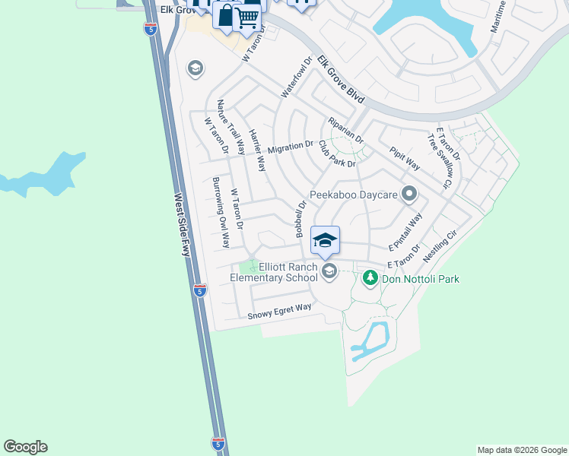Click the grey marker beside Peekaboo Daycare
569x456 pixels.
pyautogui.click(x=409, y=195)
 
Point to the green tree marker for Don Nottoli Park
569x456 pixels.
pyautogui.click(x=370, y=278)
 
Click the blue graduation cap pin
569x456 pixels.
pyautogui.click(x=325, y=241)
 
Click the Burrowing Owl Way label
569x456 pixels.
pyautogui.click(x=221, y=213)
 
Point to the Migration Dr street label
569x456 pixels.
pyautogui.click(x=290, y=144)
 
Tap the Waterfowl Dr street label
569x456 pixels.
pyautogui.click(x=297, y=78)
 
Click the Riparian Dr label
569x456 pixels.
pyautogui.click(x=346, y=131)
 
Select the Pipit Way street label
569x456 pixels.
pyautogui.click(x=404, y=158)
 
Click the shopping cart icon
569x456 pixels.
pyautogui.click(x=247, y=17)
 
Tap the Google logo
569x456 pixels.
pyautogui.click(x=25, y=447)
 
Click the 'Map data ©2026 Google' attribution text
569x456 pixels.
pyautogui.click(x=522, y=450)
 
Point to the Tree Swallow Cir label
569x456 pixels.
pyautogui.click(x=440, y=161)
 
